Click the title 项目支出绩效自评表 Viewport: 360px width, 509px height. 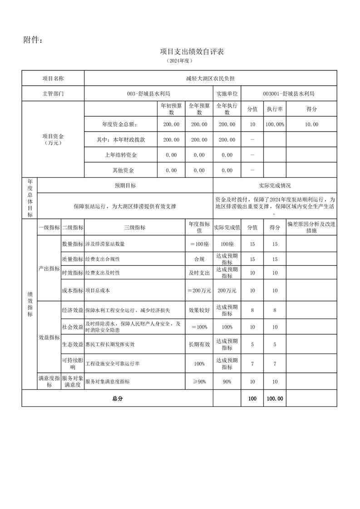click(x=192, y=52)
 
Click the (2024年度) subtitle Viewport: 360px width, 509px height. click(x=180, y=60)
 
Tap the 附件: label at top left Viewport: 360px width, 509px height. click(x=33, y=40)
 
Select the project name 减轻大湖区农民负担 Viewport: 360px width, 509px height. click(x=210, y=78)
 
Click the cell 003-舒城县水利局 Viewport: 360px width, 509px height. click(x=148, y=94)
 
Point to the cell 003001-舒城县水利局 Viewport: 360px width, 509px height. click(x=289, y=94)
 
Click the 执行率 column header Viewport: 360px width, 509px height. click(x=275, y=109)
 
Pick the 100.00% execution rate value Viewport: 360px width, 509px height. click(x=275, y=124)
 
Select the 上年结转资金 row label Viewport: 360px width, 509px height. click(x=120, y=155)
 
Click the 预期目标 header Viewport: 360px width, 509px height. click(x=125, y=186)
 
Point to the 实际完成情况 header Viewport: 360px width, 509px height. click(x=275, y=186)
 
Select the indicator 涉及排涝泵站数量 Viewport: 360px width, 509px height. click(x=105, y=244)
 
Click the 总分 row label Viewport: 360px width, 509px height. click(x=117, y=399)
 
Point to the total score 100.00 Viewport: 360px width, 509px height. click(x=275, y=399)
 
